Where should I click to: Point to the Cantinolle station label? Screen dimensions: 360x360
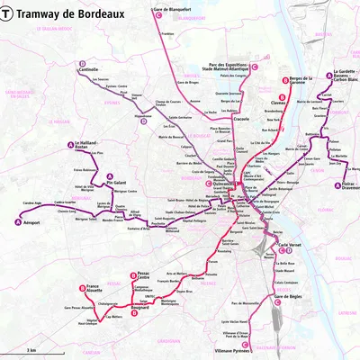pyautogui.click(x=88, y=69)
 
